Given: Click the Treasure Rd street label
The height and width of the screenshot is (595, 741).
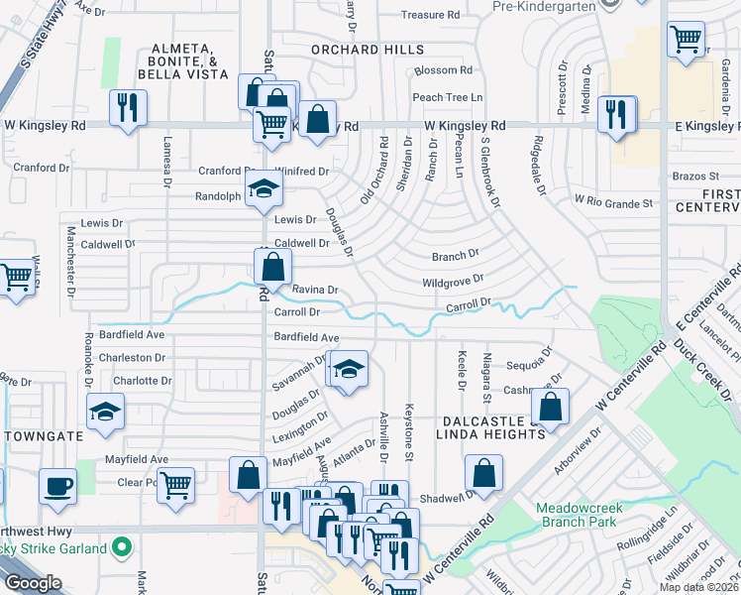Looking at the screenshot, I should pyautogui.click(x=431, y=15).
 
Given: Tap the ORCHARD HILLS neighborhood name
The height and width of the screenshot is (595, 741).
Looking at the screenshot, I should pyautogui.click(x=368, y=49).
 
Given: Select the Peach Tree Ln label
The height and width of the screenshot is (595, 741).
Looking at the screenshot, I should pyautogui.click(x=447, y=97).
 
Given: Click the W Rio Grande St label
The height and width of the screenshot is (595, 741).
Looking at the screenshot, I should pyautogui.click(x=614, y=202).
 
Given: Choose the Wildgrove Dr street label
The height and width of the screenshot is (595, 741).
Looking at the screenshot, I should pyautogui.click(x=452, y=282).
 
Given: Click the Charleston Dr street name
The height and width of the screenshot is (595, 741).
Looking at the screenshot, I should pyautogui.click(x=132, y=357).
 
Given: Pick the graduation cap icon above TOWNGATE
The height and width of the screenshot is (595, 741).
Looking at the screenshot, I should pyautogui.click(x=105, y=412).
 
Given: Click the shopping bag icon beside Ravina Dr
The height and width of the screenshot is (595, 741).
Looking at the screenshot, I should pyautogui.click(x=272, y=267).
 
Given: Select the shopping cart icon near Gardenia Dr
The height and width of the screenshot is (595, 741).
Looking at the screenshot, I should pyautogui.click(x=686, y=41).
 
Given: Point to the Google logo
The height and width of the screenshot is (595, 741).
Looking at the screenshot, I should pyautogui.click(x=34, y=583).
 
